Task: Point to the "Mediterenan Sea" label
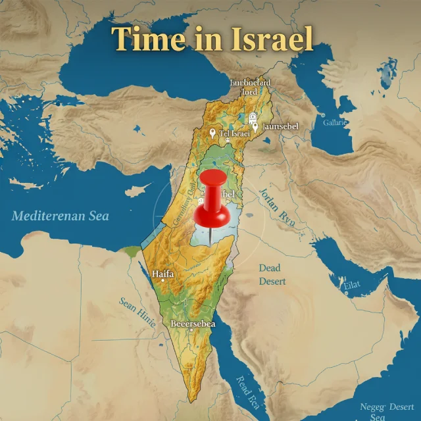(x=61, y=216)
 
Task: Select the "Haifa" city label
(x=162, y=273)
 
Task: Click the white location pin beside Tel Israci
(x=212, y=134)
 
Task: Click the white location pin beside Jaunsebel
(x=255, y=126)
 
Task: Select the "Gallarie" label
(x=335, y=123)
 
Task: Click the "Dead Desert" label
(x=272, y=274)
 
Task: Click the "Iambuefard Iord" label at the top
(x=249, y=87)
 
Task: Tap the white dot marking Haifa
(x=162, y=281)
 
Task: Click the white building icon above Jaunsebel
(x=253, y=116)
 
